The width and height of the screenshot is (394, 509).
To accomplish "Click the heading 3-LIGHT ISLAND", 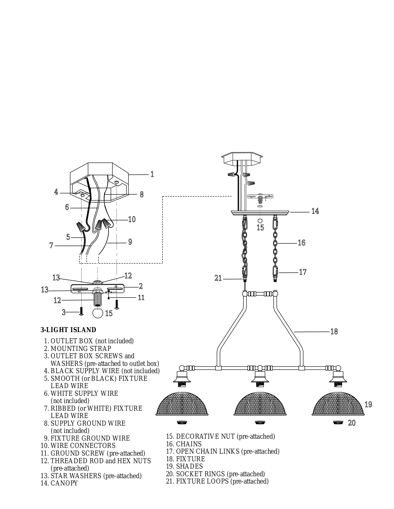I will (68, 330).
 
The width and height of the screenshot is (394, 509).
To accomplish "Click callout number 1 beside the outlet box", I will (152, 174).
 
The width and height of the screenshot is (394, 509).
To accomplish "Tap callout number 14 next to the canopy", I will (315, 211).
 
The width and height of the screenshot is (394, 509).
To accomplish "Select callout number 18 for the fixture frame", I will (334, 331).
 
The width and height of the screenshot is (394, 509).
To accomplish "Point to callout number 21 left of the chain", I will (218, 278).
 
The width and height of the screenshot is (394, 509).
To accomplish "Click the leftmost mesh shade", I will (182, 404).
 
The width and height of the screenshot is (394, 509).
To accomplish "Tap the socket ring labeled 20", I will (337, 422).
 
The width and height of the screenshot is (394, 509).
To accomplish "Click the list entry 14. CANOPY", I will (60, 483).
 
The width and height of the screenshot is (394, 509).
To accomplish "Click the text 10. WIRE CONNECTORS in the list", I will (78, 446).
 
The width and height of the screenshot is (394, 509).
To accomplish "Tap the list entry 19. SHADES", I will (184, 466).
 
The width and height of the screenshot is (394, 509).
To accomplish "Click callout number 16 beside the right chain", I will (301, 243).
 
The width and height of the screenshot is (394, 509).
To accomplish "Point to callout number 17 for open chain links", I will (303, 272).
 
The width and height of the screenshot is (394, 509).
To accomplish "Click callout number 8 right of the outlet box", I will (141, 194).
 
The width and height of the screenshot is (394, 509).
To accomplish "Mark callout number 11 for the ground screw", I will (141, 297).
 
